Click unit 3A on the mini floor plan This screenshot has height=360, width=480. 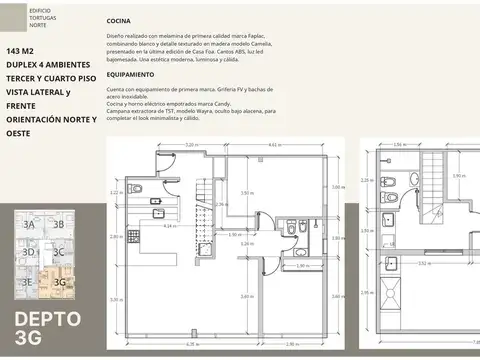29,226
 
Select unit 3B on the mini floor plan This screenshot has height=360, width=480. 58,226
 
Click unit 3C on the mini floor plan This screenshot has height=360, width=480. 59,253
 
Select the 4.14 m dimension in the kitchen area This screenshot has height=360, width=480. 169,226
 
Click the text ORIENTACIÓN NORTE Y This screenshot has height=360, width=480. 51,119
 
